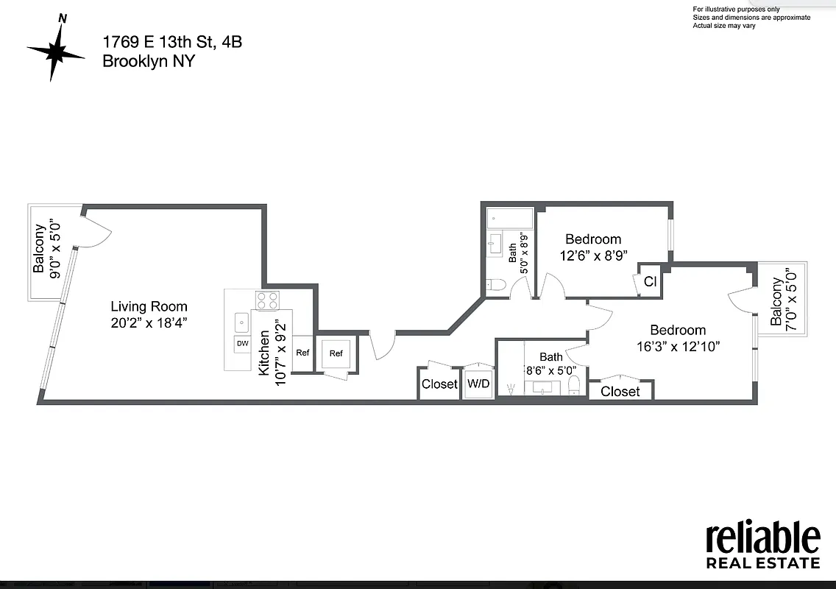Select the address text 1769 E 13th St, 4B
[x=171, y=42]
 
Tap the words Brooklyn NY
[x=148, y=61]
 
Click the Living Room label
[x=149, y=306]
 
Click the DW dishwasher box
[x=242, y=343]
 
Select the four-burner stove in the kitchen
[x=266, y=300]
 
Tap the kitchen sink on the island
[x=241, y=322]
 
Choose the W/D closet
[x=478, y=384]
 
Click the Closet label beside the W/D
[x=439, y=384]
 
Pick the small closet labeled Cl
[x=650, y=281]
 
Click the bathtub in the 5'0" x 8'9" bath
[x=509, y=219]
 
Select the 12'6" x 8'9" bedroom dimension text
[x=592, y=255]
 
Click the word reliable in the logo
[x=762, y=539]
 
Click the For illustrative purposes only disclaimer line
[x=736, y=9]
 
